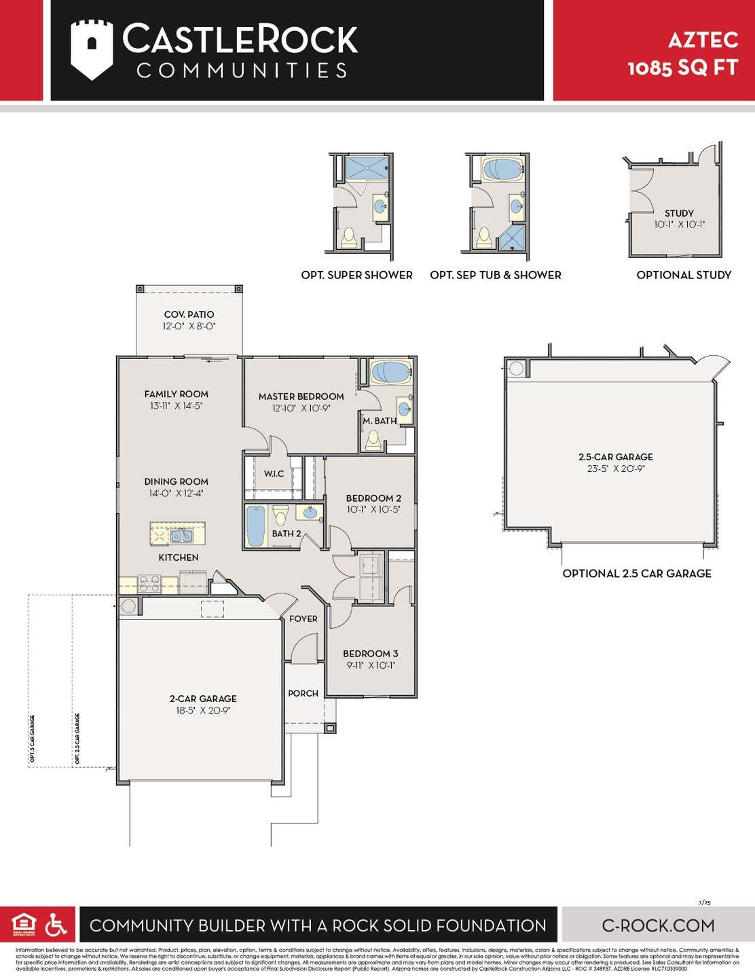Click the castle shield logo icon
[x=92, y=49]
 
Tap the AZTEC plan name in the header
[x=703, y=40]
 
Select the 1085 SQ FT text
[x=682, y=68]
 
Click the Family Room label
[x=176, y=394]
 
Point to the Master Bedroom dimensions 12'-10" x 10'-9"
[x=301, y=408]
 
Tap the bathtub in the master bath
[x=391, y=372]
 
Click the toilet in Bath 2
[x=280, y=515]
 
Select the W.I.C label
[x=274, y=474]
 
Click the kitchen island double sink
[x=181, y=536]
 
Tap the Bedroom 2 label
[x=373, y=498]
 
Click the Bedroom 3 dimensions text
[x=371, y=665]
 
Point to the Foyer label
[x=303, y=619]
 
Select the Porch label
[x=303, y=693]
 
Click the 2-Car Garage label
[x=203, y=698]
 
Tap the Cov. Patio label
[x=189, y=314]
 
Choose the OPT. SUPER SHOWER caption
[x=356, y=275]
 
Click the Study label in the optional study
[x=679, y=213]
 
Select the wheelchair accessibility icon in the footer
[x=56, y=925]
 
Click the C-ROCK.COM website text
[x=658, y=925]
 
